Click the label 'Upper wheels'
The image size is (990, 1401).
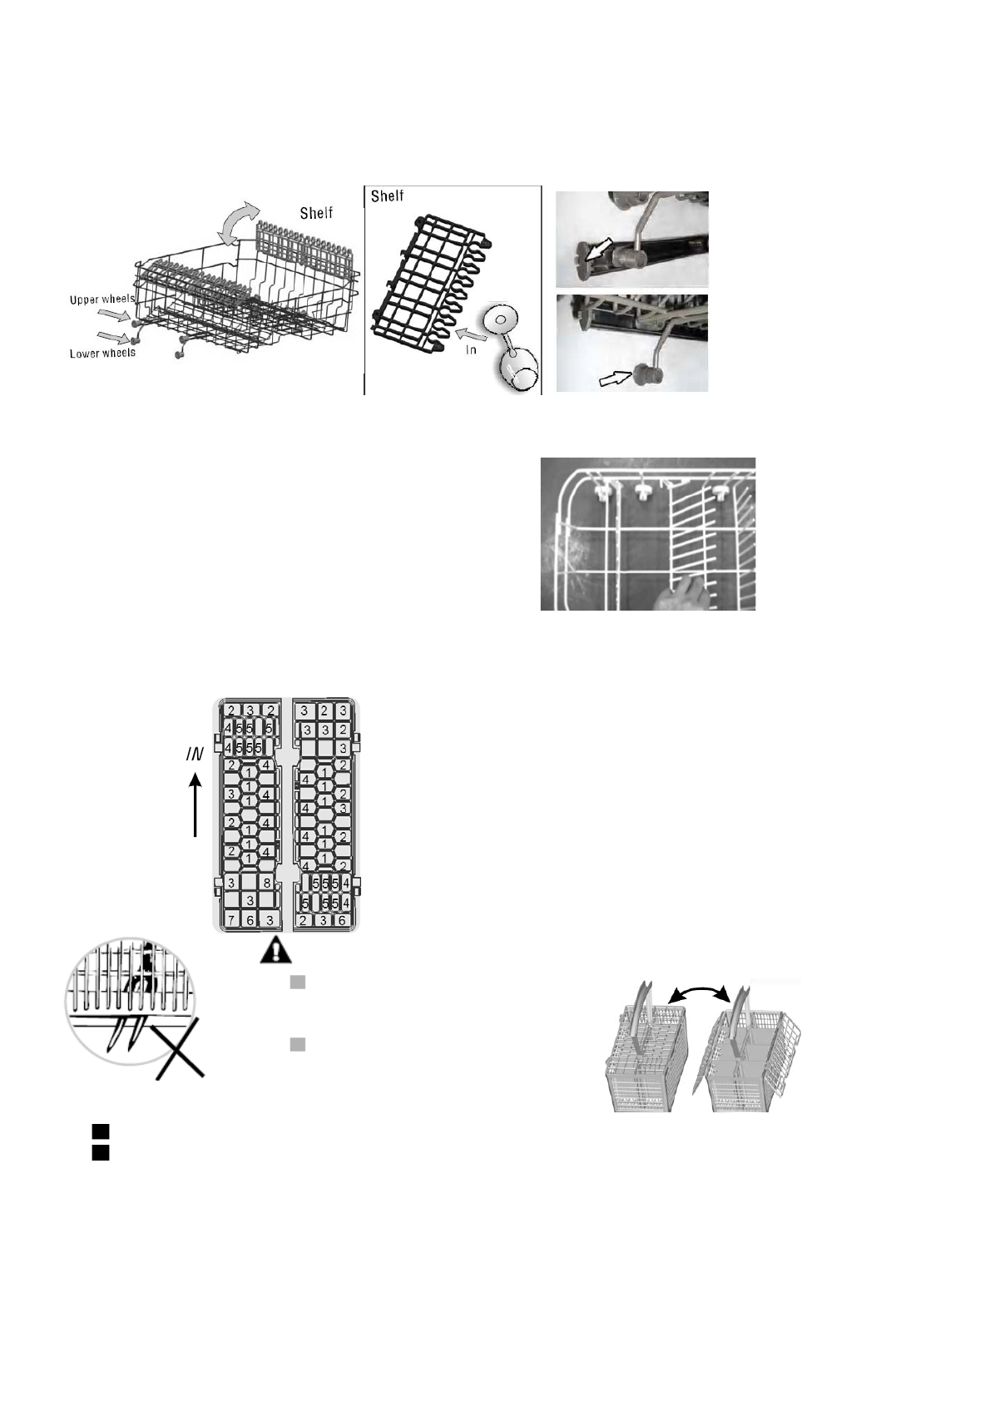pyautogui.click(x=102, y=299)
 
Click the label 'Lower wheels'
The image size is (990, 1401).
pyautogui.click(x=101, y=353)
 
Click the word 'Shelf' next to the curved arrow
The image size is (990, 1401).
pyautogui.click(x=316, y=213)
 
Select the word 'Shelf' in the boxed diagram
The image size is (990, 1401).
pyautogui.click(x=387, y=196)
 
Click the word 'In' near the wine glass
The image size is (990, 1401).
pyautogui.click(x=471, y=349)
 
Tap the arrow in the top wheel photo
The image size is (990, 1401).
pyautogui.click(x=598, y=249)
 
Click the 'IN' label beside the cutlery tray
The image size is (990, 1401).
pyautogui.click(x=194, y=755)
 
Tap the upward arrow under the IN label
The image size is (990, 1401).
pyautogui.click(x=195, y=804)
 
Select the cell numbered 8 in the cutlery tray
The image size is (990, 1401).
pyautogui.click(x=267, y=882)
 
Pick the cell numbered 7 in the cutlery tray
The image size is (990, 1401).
pyautogui.click(x=231, y=920)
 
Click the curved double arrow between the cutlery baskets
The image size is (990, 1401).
pyautogui.click(x=700, y=992)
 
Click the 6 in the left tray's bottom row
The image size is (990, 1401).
pyautogui.click(x=250, y=920)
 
